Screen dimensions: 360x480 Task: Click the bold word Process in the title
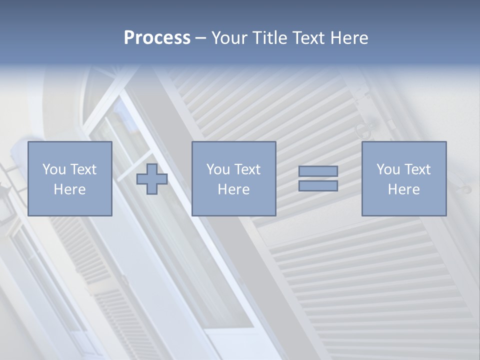coord(157,38)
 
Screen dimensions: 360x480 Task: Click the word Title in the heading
coord(270,38)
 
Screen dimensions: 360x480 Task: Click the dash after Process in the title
coord(200,38)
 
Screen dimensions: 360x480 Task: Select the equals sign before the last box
coord(318,178)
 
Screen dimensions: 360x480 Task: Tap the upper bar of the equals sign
coord(318,171)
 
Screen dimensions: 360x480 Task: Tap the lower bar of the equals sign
coord(318,185)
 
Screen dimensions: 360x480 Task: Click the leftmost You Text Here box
coord(69,178)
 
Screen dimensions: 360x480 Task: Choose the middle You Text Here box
coord(233,178)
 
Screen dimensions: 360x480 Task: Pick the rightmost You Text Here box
coord(403,178)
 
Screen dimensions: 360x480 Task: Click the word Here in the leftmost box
coord(69,189)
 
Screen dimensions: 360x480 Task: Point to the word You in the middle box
coord(218,169)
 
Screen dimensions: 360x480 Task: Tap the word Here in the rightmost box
coord(403,189)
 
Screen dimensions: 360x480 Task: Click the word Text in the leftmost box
coord(83,169)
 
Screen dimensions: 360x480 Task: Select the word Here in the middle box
coord(233,189)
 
